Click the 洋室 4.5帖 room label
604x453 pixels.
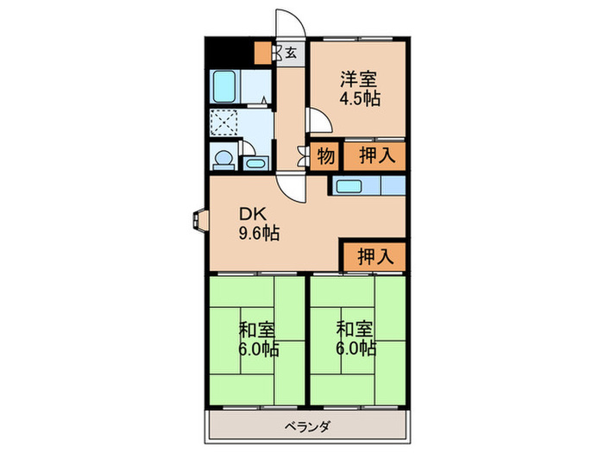tap(359, 88)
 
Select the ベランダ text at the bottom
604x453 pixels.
tap(308, 425)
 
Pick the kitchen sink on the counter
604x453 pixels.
tap(351, 185)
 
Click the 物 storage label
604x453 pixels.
tap(325, 156)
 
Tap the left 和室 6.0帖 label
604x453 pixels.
tap(258, 338)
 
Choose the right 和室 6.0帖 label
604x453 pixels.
tap(355, 338)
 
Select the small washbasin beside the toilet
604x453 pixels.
tap(254, 162)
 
